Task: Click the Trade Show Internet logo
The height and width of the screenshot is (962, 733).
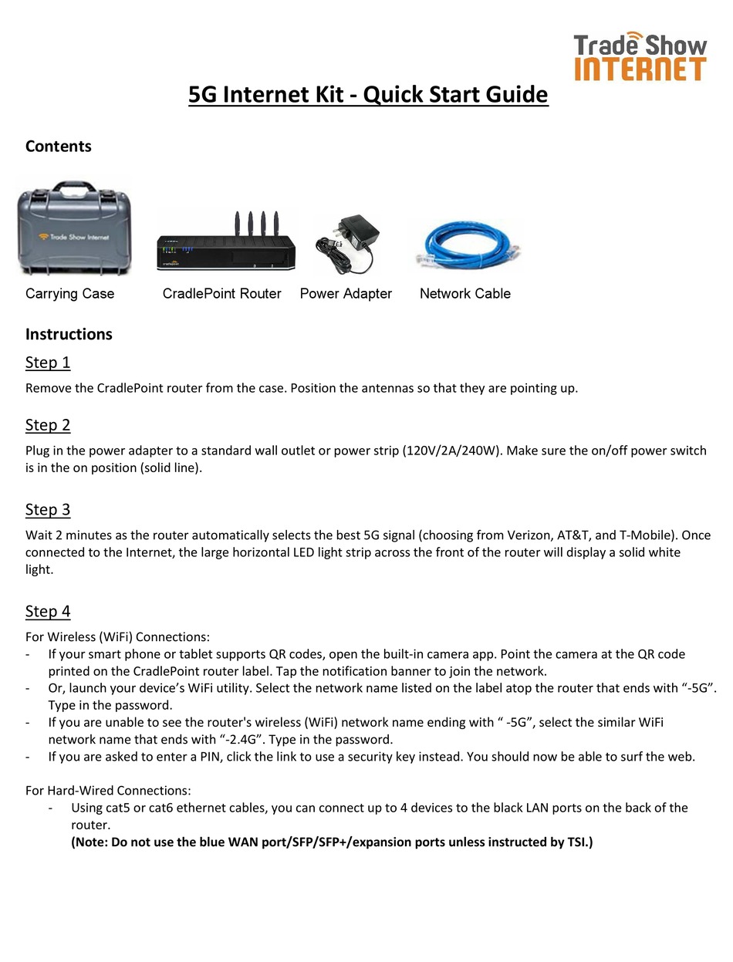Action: [x=640, y=57]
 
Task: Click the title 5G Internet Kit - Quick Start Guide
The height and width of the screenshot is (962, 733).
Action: [x=368, y=95]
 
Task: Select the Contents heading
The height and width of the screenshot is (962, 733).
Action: [x=58, y=147]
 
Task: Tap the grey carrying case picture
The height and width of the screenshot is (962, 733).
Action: [x=74, y=228]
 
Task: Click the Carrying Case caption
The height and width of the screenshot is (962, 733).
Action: [x=69, y=294]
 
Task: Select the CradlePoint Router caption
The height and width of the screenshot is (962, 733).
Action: [x=221, y=294]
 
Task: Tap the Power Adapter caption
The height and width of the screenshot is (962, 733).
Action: [x=346, y=294]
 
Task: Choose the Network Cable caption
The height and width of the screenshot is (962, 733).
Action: [x=464, y=294]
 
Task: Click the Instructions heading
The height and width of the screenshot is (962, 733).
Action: [x=69, y=334]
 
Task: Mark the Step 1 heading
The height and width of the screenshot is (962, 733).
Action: [x=48, y=363]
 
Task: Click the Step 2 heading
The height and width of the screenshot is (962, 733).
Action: [x=48, y=425]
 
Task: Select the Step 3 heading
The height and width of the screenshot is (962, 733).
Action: [x=48, y=510]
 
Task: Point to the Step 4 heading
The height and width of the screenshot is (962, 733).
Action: [x=48, y=612]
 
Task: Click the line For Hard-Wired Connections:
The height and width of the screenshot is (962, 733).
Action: [x=108, y=791]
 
